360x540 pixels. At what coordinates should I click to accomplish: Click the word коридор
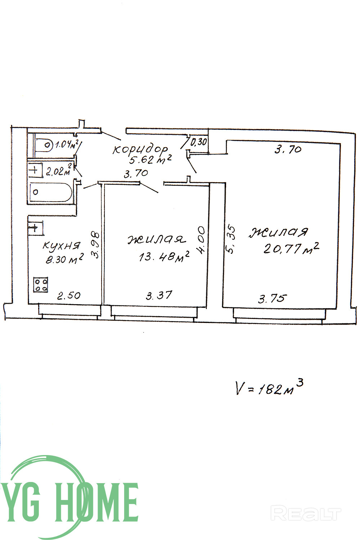[x=140, y=149]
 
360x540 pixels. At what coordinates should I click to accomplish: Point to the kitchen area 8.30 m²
[x=65, y=259]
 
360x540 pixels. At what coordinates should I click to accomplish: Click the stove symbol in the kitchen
[x=41, y=284]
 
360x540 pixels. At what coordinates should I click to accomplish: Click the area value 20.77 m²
[x=292, y=248]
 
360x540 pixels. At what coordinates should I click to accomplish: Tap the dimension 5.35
[x=231, y=239]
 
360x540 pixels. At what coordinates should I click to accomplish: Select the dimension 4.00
[x=201, y=240]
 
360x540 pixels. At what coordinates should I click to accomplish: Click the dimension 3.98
[x=95, y=244]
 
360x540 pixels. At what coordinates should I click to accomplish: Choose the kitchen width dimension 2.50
[x=69, y=296]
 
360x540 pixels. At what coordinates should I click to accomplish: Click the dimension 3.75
[x=273, y=298]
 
